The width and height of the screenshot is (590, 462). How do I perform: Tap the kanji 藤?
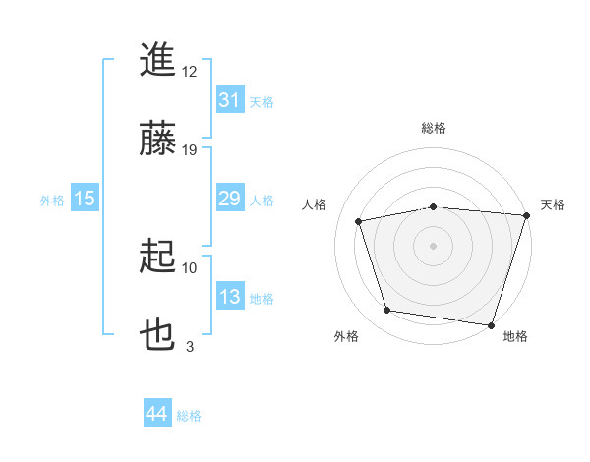(158, 140)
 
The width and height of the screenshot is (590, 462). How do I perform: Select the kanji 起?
(158, 259)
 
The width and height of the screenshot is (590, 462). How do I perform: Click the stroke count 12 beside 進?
(190, 72)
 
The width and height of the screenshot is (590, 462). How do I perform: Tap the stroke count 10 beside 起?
(190, 267)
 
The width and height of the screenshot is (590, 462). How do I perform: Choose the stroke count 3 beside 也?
(190, 346)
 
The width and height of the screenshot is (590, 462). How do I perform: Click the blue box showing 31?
(229, 100)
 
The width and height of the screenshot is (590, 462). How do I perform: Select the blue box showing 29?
(229, 199)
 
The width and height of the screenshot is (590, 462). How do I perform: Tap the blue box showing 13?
(229, 297)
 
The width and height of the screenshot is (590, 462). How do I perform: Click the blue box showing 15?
(85, 199)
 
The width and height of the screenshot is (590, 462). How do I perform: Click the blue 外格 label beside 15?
(52, 200)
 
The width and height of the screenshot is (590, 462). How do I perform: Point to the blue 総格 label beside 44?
(189, 416)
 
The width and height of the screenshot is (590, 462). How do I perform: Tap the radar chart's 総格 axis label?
(433, 128)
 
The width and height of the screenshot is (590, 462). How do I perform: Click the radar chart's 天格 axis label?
(553, 204)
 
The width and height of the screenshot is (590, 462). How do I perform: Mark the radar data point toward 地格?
(491, 324)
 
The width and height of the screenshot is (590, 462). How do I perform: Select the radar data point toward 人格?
(360, 221)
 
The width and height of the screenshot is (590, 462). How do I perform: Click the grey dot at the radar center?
(433, 245)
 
